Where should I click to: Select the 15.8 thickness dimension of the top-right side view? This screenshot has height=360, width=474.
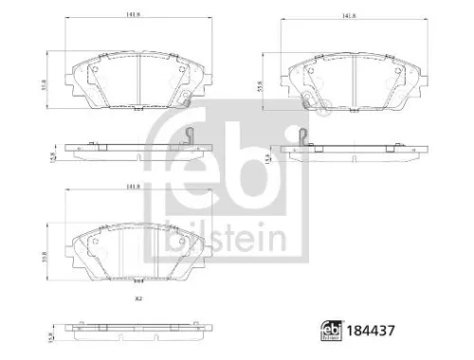(x=268, y=162)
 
